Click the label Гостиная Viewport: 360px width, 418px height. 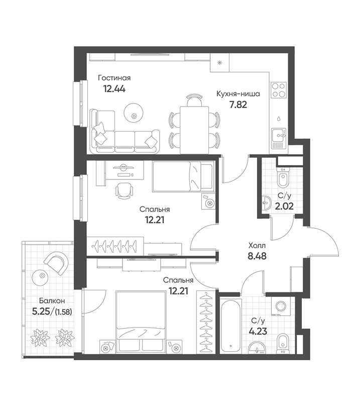pos(114,78)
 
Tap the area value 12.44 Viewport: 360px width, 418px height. pos(114,89)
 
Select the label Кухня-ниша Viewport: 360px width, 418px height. pos(238,94)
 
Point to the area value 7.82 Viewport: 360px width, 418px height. pos(238,105)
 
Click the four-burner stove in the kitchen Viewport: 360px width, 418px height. pos(279,90)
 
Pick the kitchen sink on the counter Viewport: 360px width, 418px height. pos(279,138)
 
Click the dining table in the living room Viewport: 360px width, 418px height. pos(194,130)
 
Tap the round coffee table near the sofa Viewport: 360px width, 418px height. pos(134,112)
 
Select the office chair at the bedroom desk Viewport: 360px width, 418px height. pos(124,191)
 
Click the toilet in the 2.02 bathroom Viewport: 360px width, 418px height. pos(282,177)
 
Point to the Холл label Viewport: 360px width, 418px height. pos(257,245)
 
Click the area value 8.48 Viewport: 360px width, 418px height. pos(257,256)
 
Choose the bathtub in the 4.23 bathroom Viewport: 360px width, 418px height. pos(231,326)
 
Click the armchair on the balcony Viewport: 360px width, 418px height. pos(57,263)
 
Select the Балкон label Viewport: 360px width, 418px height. pos(52,301)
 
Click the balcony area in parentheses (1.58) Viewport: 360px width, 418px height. pos(63,312)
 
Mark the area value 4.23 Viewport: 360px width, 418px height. pos(258,332)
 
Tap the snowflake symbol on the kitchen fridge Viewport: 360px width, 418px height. pos(219,63)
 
